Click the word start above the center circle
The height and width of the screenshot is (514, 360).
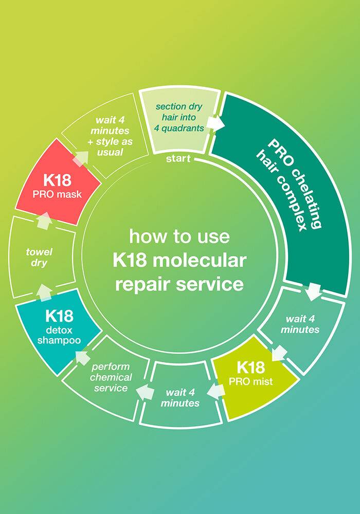coord(178,159)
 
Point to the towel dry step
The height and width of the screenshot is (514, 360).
coord(37,258)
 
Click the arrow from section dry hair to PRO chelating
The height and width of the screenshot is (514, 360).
coord(218,124)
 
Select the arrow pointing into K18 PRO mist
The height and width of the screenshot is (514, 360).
coord(279,354)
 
